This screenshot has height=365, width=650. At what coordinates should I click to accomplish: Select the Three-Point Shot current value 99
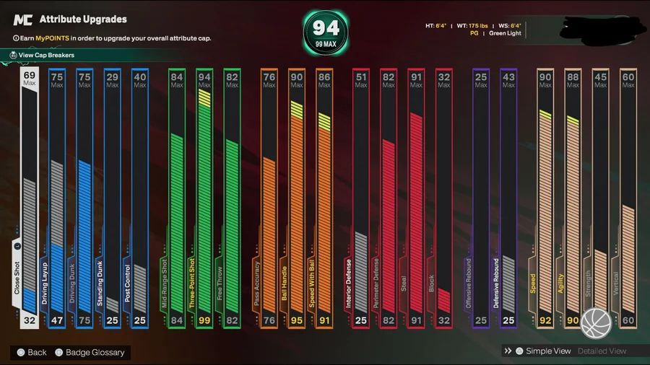point(204,320)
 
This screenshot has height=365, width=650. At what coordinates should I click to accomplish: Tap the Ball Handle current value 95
point(297,320)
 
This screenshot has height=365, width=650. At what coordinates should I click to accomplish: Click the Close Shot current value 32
point(29,320)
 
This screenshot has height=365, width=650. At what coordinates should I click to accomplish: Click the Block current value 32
point(444,320)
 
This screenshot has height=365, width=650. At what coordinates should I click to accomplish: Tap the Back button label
point(37,352)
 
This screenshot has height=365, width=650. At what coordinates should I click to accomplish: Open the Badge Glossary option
point(95,352)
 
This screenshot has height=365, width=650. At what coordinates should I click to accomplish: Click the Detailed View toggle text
point(603,351)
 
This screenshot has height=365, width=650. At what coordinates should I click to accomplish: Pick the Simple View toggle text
point(548,351)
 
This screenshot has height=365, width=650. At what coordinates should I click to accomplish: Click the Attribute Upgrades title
point(83,19)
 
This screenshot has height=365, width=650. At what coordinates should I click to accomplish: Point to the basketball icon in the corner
point(597,323)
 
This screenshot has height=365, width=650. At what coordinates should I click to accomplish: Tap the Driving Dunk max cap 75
point(84,79)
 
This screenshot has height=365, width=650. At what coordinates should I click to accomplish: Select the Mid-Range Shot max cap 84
point(176,79)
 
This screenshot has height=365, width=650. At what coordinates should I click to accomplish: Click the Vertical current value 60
point(628,320)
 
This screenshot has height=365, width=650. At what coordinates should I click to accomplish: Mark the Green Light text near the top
point(506,33)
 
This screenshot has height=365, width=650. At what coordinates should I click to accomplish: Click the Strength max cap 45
point(600,79)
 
